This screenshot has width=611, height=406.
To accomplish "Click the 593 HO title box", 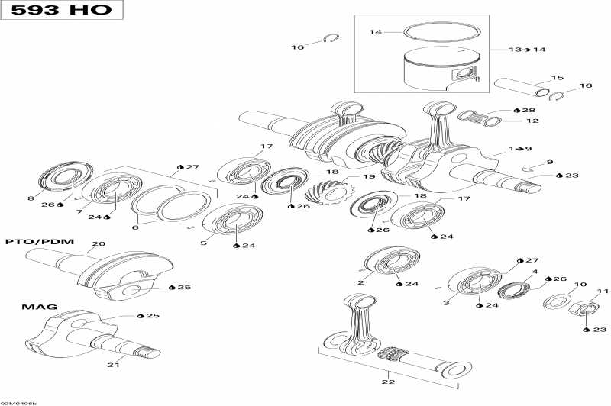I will (x=60, y=11).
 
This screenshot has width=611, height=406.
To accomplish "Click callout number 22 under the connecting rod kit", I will (x=388, y=382).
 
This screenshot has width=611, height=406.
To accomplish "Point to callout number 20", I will (x=98, y=245).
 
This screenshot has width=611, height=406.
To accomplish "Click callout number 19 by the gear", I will (x=369, y=176).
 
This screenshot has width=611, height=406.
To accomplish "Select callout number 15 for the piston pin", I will (x=558, y=78).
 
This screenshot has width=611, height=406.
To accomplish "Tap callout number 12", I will (x=532, y=121).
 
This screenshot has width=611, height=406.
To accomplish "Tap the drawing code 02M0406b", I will (x=18, y=402).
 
